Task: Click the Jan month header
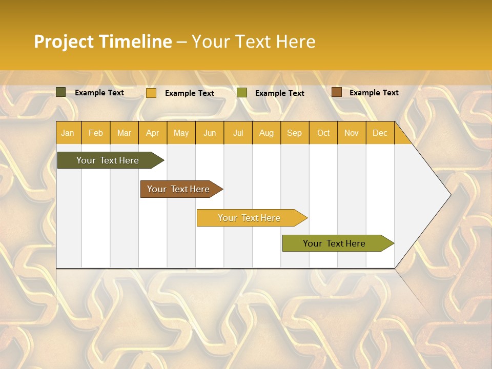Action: coord(68,133)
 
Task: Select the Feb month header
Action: coord(96,133)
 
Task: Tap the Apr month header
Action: coord(153,133)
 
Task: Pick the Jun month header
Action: coord(210,133)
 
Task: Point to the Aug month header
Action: coord(266,133)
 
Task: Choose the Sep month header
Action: coord(294,133)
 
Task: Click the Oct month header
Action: coord(323,133)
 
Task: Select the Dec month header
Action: coord(380,133)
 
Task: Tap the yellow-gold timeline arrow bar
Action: coord(250,218)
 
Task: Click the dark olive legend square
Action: coord(61,92)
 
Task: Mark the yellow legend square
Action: coord(151,93)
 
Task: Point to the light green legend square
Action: coord(242,93)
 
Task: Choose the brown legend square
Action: coord(336,92)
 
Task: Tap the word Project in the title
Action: coord(64,42)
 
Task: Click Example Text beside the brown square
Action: coord(374,93)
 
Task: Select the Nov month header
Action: coord(352,133)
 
